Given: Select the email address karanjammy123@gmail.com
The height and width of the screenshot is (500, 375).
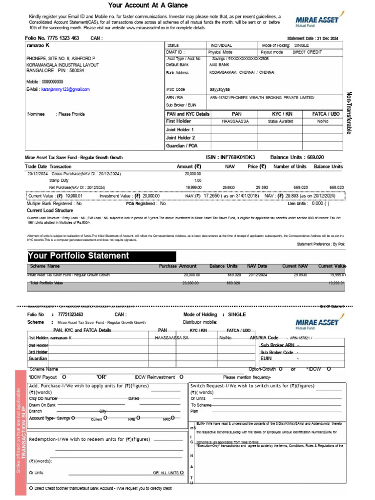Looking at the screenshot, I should [x=65, y=89].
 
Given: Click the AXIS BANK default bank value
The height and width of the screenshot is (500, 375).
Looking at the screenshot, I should [x=219, y=64].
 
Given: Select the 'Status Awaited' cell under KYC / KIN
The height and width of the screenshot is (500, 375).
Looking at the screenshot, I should [x=280, y=121].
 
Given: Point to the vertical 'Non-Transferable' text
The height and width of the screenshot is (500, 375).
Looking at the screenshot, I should [x=349, y=113].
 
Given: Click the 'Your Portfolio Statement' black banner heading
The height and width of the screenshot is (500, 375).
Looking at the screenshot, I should [x=79, y=256].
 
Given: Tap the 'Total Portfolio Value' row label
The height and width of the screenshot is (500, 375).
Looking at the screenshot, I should [x=46, y=283].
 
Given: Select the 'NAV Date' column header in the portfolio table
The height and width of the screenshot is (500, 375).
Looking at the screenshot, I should [x=257, y=266].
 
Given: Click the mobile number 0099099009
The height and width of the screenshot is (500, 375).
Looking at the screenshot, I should [x=51, y=82].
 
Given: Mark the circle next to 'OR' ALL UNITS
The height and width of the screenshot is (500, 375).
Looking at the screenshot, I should [x=182, y=472].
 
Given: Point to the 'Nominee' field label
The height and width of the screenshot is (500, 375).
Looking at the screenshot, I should [x=36, y=114].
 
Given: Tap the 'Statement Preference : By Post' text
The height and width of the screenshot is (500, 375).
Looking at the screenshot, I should [x=320, y=244].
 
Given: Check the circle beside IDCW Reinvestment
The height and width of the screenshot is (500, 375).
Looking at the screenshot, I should [x=181, y=377].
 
